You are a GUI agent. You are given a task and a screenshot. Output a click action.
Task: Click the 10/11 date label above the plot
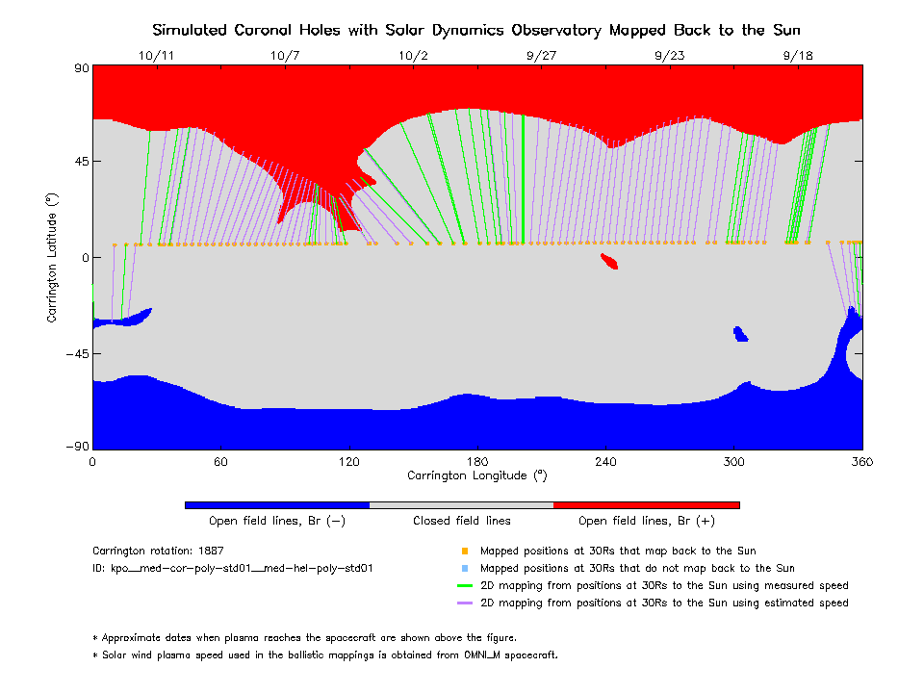[x=156, y=56]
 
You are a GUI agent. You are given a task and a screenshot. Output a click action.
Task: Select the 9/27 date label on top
[x=541, y=56]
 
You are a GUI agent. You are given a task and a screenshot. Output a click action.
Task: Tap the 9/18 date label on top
[x=798, y=56]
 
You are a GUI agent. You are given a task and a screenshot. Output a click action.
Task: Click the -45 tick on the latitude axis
[x=75, y=353]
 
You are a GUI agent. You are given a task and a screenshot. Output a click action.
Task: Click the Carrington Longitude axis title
[x=476, y=475]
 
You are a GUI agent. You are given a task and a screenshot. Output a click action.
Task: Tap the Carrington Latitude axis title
[x=54, y=257]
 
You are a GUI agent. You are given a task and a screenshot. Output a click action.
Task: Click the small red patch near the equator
[x=609, y=261]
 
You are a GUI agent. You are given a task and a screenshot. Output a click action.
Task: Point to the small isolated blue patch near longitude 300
[x=740, y=334]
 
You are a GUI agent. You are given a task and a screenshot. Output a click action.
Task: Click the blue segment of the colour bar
[x=277, y=504]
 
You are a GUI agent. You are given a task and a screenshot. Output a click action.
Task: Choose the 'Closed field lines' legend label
[x=462, y=521]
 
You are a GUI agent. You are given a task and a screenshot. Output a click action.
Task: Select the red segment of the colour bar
[x=647, y=504]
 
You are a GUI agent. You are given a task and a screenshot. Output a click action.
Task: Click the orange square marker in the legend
[x=464, y=552]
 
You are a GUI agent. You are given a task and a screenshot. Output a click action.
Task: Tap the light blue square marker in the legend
[x=464, y=568]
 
